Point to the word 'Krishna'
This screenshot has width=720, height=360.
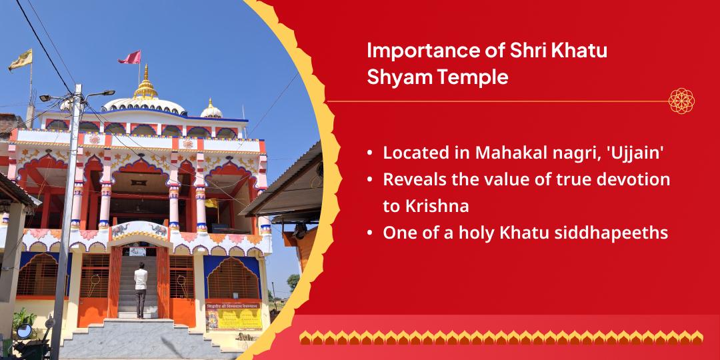pos(425,206)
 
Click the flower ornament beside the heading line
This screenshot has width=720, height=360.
pos(681,101)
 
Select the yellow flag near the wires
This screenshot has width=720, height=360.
pos(20,60)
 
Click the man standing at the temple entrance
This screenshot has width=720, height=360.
pos(140,288)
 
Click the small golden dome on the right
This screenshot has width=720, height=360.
pos(211,109)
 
